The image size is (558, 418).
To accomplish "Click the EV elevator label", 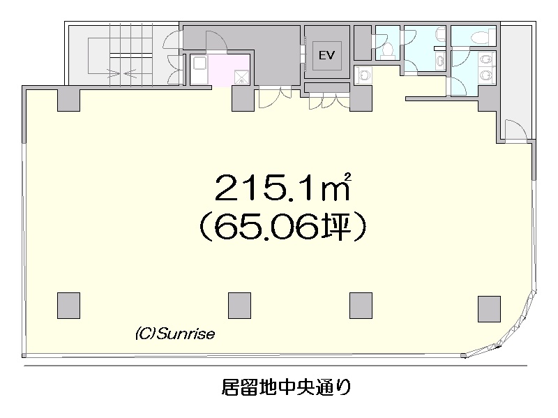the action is (x=326, y=55).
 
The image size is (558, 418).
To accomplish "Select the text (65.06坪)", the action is (x=282, y=227).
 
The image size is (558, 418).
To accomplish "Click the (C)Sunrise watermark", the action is (x=175, y=334).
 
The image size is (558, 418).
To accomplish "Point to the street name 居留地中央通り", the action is (x=287, y=387).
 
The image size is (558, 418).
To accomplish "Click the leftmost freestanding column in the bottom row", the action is (x=68, y=306).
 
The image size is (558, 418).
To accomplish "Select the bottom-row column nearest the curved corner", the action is (x=490, y=308).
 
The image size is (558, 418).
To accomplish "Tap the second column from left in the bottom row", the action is (x=239, y=306).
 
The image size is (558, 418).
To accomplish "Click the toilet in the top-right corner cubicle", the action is (x=480, y=36).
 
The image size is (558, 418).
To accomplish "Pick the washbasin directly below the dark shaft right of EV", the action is (x=363, y=75).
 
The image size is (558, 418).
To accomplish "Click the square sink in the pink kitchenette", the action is (x=199, y=64).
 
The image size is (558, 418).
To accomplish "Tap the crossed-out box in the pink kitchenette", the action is (x=241, y=77).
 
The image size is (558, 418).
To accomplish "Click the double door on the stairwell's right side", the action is (x=173, y=58).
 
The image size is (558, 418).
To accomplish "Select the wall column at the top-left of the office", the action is (x=68, y=100).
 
